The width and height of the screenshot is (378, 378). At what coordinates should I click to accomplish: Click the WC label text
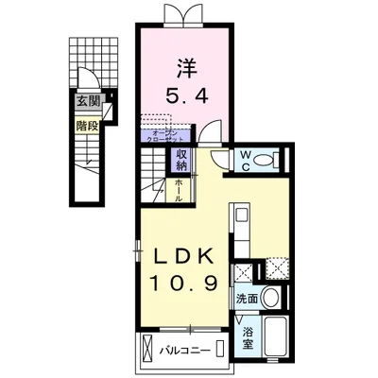(244, 161)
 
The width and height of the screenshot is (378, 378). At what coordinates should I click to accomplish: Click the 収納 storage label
(181, 160)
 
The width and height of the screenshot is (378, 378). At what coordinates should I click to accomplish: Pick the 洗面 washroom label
(248, 299)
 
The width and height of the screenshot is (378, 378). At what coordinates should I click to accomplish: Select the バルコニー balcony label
(182, 350)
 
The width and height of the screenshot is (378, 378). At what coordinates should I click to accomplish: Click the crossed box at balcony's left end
(149, 350)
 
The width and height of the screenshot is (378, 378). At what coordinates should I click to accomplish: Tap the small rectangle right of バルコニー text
(219, 350)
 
